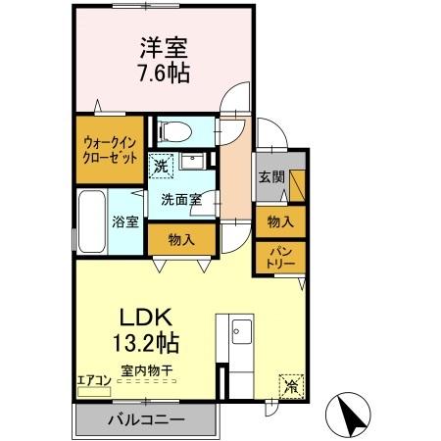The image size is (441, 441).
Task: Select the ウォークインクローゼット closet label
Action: pos(108,146)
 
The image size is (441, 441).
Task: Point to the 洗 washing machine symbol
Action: pos(161,167)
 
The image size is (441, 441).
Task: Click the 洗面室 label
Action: pos(182,198)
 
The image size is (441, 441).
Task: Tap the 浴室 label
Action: pos(123,220)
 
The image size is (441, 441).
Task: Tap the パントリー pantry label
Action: pos(279,259)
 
